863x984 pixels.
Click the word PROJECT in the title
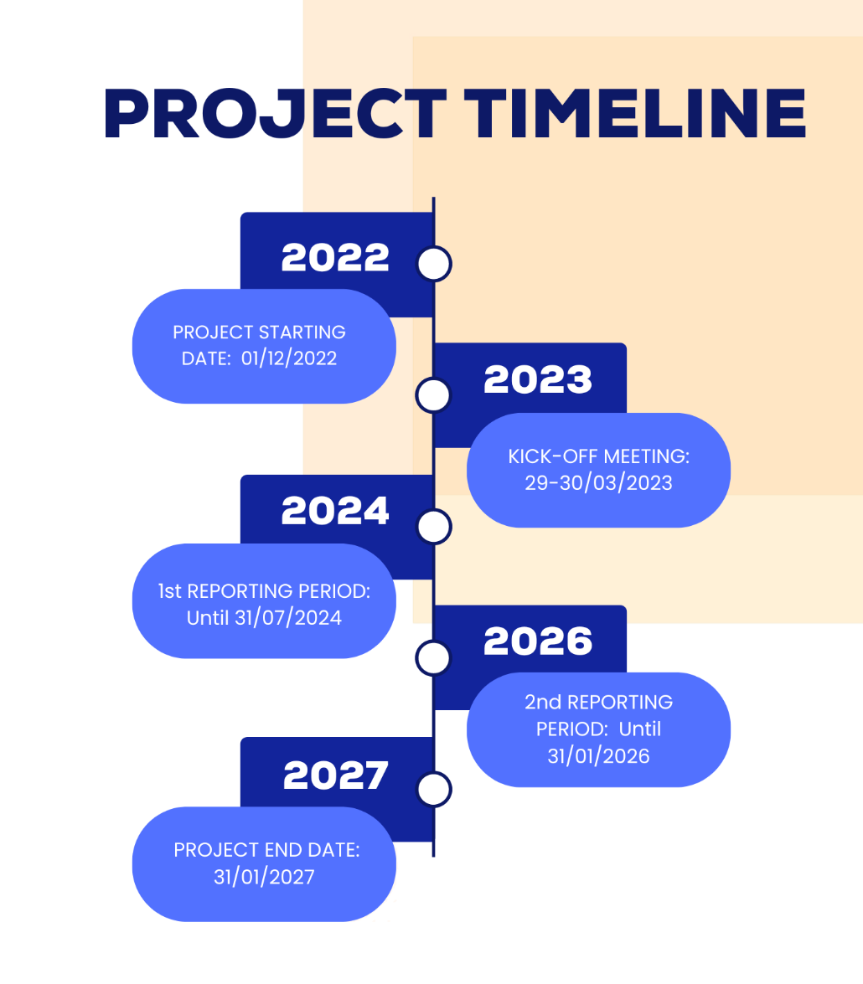[x=275, y=114]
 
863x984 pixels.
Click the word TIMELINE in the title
[x=635, y=114]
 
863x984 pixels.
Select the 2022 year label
[x=335, y=257]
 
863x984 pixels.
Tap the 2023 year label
[x=538, y=379]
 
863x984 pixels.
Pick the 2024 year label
[x=335, y=511]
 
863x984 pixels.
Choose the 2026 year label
[x=538, y=641]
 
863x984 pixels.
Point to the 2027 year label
[x=336, y=775]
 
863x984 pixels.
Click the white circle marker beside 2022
[x=434, y=264]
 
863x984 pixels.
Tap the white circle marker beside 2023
[x=433, y=395]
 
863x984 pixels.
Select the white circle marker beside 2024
[x=434, y=527]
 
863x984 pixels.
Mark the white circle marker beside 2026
[x=433, y=657]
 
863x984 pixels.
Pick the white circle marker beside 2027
[x=434, y=789]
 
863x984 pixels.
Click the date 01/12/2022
[x=289, y=358]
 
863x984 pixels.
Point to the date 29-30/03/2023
[x=599, y=482]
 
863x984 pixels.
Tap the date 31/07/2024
[x=288, y=618]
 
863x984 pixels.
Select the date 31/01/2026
[x=599, y=756]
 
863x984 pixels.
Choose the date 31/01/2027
[x=264, y=877]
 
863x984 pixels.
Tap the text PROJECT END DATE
[x=266, y=850]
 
